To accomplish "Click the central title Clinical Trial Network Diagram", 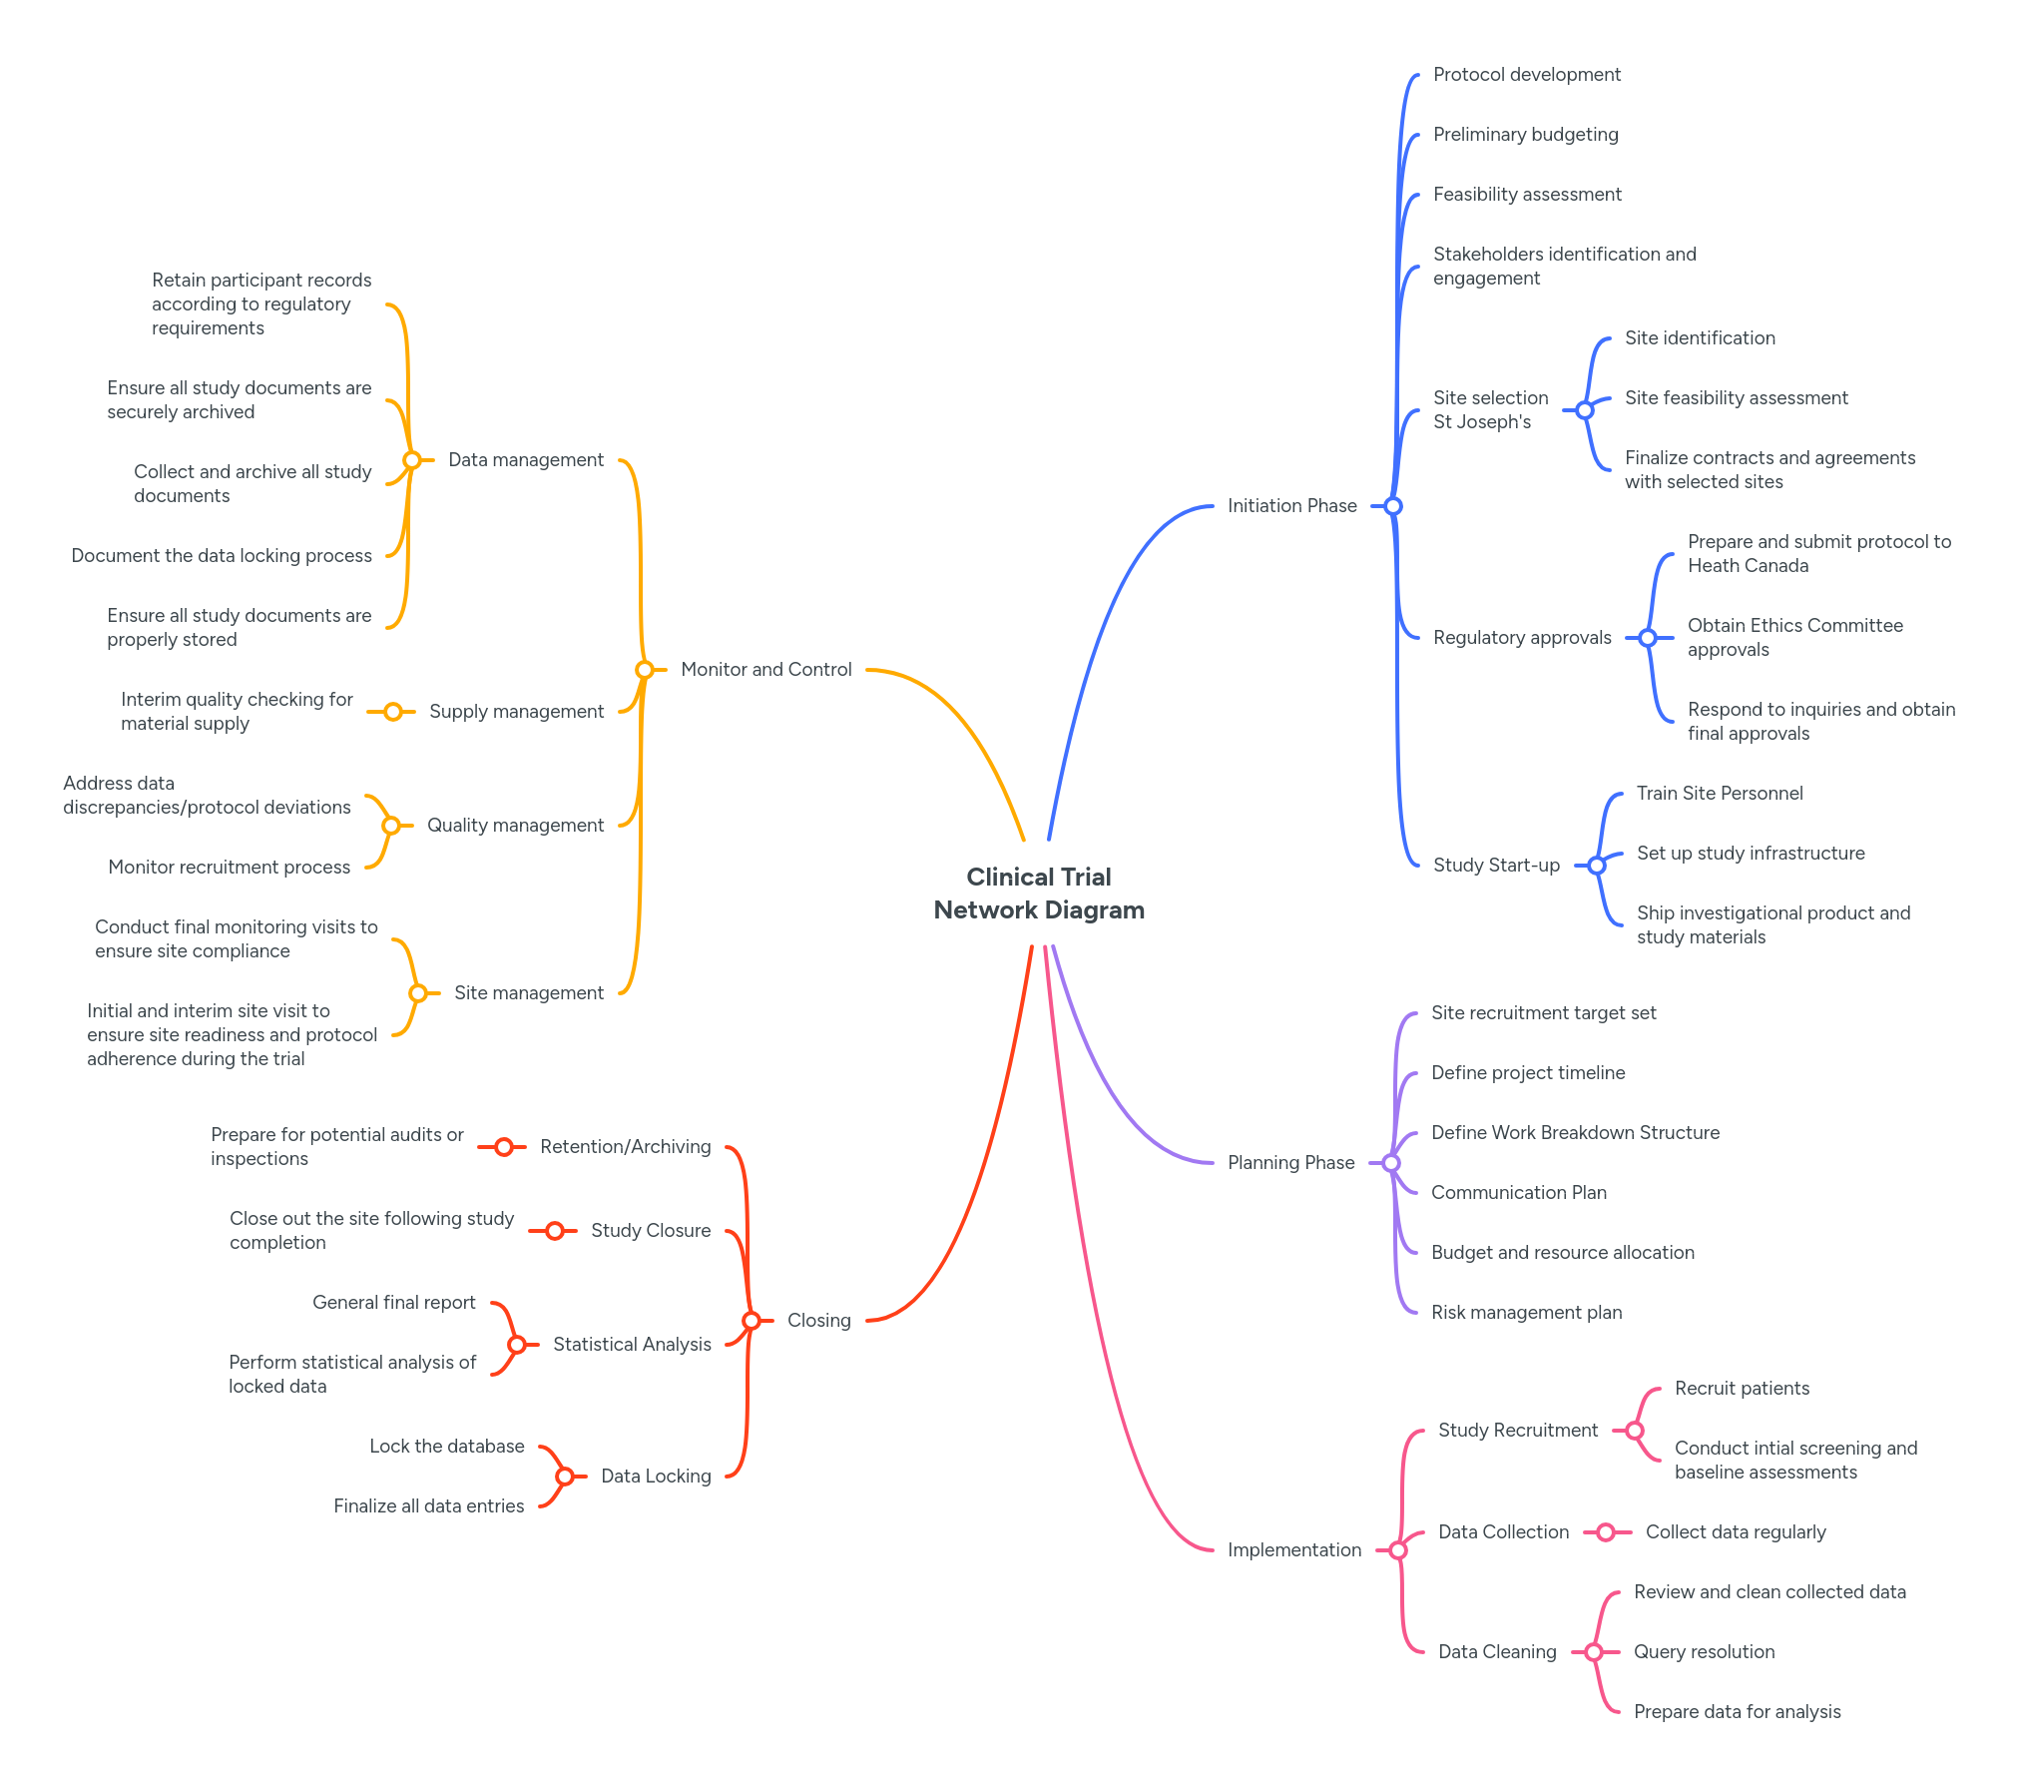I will tap(1038, 893).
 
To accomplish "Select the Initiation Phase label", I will tap(1291, 506).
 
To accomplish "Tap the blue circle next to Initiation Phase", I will tap(1393, 506).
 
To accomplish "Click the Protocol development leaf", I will tap(1526, 75).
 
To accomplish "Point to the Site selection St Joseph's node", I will tap(1490, 410).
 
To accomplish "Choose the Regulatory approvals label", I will tap(1521, 638).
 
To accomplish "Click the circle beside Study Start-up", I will tap(1597, 866).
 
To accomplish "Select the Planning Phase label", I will tap(1290, 1163).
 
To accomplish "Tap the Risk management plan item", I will tap(1526, 1313).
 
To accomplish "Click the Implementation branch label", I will tap(1293, 1550).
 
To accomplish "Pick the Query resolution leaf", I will tap(1704, 1652).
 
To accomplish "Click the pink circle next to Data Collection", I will tap(1606, 1532).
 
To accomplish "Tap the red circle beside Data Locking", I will tap(565, 1477).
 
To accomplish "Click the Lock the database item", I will tap(446, 1447).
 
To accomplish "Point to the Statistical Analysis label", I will tap(632, 1345).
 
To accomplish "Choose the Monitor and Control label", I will tap(765, 670).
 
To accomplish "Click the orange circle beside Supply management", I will tap(393, 712).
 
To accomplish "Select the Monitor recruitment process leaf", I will tap(229, 868).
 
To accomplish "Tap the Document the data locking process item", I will tap(221, 556).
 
